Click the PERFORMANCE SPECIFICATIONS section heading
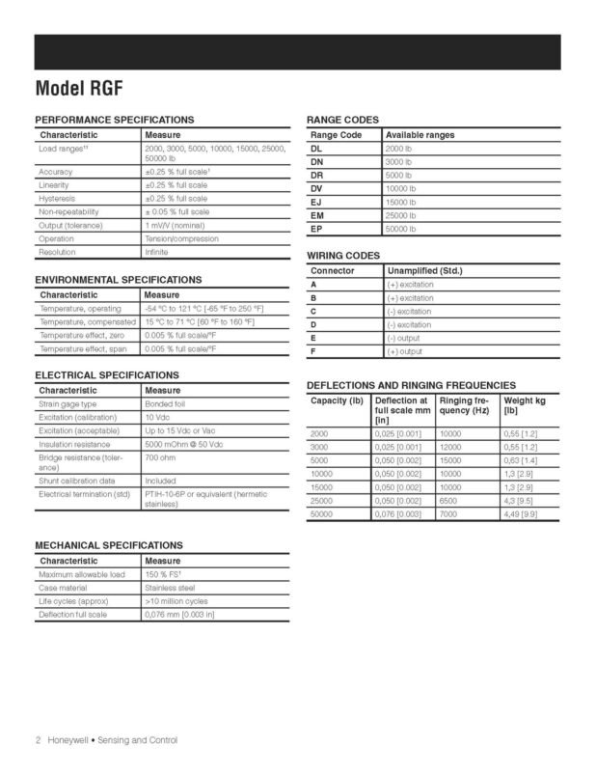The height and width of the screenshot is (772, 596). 114,119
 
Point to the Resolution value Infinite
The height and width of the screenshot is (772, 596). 156,252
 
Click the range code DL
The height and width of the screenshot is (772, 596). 317,150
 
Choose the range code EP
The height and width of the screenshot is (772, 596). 317,230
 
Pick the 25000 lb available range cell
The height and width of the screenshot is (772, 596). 401,216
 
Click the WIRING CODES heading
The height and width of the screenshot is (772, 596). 342,256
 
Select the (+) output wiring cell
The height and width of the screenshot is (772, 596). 409,352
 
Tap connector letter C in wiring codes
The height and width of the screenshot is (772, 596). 314,312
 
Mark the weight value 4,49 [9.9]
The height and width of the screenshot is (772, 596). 523,515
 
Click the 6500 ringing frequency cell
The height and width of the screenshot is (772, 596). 449,502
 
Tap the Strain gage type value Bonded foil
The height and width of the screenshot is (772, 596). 165,403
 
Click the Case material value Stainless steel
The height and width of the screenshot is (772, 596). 170,587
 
